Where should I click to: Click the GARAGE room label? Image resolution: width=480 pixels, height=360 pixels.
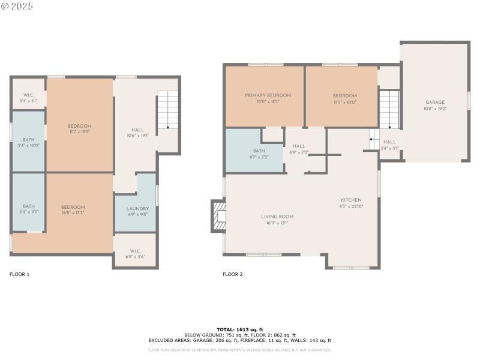[435, 103]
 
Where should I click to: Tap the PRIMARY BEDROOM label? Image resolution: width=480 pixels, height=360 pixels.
[268, 95]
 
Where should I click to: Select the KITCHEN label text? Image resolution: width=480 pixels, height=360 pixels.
[351, 200]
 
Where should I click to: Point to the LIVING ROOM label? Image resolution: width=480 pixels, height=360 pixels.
[277, 217]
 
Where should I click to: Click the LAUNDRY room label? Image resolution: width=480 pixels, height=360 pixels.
[137, 209]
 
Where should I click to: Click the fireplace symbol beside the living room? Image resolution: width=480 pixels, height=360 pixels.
[217, 215]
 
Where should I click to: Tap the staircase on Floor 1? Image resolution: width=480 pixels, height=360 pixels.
[168, 111]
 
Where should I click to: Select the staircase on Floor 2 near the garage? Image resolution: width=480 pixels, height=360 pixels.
[389, 109]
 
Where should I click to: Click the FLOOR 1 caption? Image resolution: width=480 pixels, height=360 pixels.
[19, 274]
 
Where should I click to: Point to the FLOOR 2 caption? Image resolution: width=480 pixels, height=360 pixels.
[233, 274]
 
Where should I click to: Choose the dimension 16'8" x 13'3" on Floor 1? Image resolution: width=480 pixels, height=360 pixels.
[73, 212]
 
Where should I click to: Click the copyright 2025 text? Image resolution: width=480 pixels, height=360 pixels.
[17, 6]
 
